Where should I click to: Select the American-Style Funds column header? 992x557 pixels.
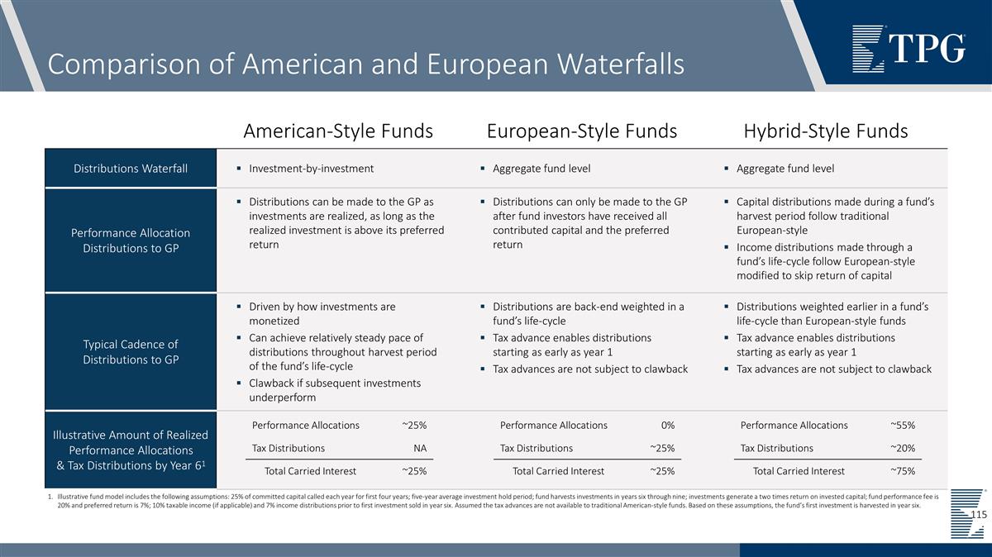click(x=338, y=131)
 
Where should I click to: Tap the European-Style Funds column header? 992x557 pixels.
click(x=582, y=131)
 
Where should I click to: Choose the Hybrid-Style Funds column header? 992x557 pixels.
click(x=825, y=131)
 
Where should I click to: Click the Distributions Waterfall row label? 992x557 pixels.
click(x=131, y=169)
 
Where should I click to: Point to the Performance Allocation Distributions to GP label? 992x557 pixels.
click(x=131, y=240)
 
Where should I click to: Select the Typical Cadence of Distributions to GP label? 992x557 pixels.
click(x=131, y=351)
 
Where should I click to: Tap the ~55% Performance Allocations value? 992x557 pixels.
click(x=902, y=426)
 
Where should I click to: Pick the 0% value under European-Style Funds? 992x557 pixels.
click(x=667, y=426)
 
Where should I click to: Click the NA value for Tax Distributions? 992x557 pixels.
click(x=420, y=449)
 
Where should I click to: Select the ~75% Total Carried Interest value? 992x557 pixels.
click(x=902, y=471)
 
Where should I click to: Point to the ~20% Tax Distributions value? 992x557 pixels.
click(x=902, y=449)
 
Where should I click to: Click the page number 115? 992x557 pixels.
click(x=979, y=515)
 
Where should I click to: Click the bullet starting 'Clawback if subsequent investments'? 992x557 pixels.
click(x=335, y=390)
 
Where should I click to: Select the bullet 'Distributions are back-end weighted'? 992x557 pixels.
click(x=588, y=314)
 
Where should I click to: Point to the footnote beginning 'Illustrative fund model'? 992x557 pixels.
click(x=488, y=501)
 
